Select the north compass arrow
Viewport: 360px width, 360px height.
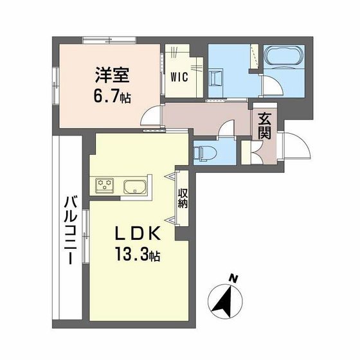pos(223,298)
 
